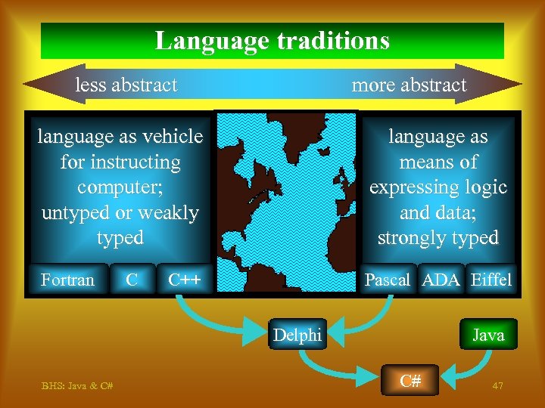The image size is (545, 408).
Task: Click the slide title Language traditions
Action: pyautogui.click(x=272, y=40)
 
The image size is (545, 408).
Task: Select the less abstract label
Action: pyautogui.click(x=126, y=85)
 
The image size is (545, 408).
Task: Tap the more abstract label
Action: pyautogui.click(x=409, y=85)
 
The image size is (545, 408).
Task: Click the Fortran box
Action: pyautogui.click(x=67, y=280)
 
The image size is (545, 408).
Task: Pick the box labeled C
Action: pyautogui.click(x=132, y=280)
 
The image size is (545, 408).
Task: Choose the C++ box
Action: pyautogui.click(x=184, y=280)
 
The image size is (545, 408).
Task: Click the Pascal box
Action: pyautogui.click(x=387, y=280)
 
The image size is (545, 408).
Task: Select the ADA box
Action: pyautogui.click(x=441, y=280)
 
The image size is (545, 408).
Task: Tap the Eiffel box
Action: pyautogui.click(x=490, y=280)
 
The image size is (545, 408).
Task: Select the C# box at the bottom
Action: pyautogui.click(x=410, y=381)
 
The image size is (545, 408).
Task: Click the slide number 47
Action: pyautogui.click(x=497, y=386)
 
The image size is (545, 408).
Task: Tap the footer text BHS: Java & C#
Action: pyautogui.click(x=77, y=386)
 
